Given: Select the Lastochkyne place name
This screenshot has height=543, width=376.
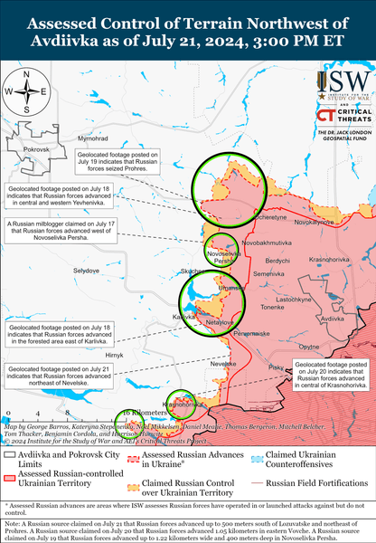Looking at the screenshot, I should (295, 299).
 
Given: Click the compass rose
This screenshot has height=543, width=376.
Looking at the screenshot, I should (25, 92).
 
